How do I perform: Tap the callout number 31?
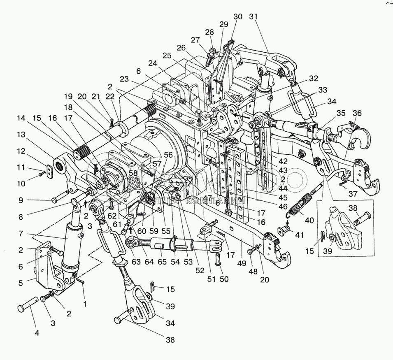[x=253, y=17]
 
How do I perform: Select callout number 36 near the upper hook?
[x=357, y=114]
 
